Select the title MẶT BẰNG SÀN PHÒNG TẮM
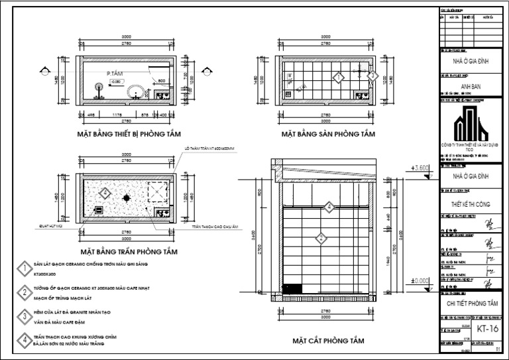click(x=328, y=134)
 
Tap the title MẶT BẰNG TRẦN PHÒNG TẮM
click(x=128, y=252)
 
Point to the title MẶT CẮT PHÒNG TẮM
click(x=328, y=341)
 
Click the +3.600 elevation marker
click(x=421, y=168)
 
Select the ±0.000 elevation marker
click(x=421, y=280)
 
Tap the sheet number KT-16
click(x=487, y=329)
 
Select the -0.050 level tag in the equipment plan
click(x=115, y=81)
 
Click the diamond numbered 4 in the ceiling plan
click(x=104, y=194)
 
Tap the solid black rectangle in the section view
click(x=292, y=288)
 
